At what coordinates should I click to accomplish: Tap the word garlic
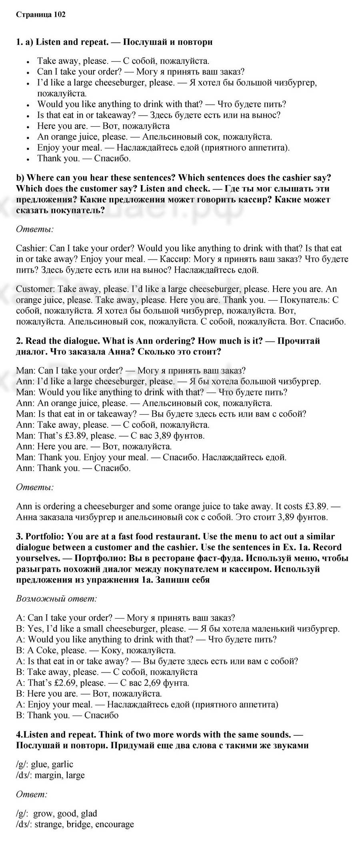[x=62, y=764]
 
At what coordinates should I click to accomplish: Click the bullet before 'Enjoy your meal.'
[x=28, y=148]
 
